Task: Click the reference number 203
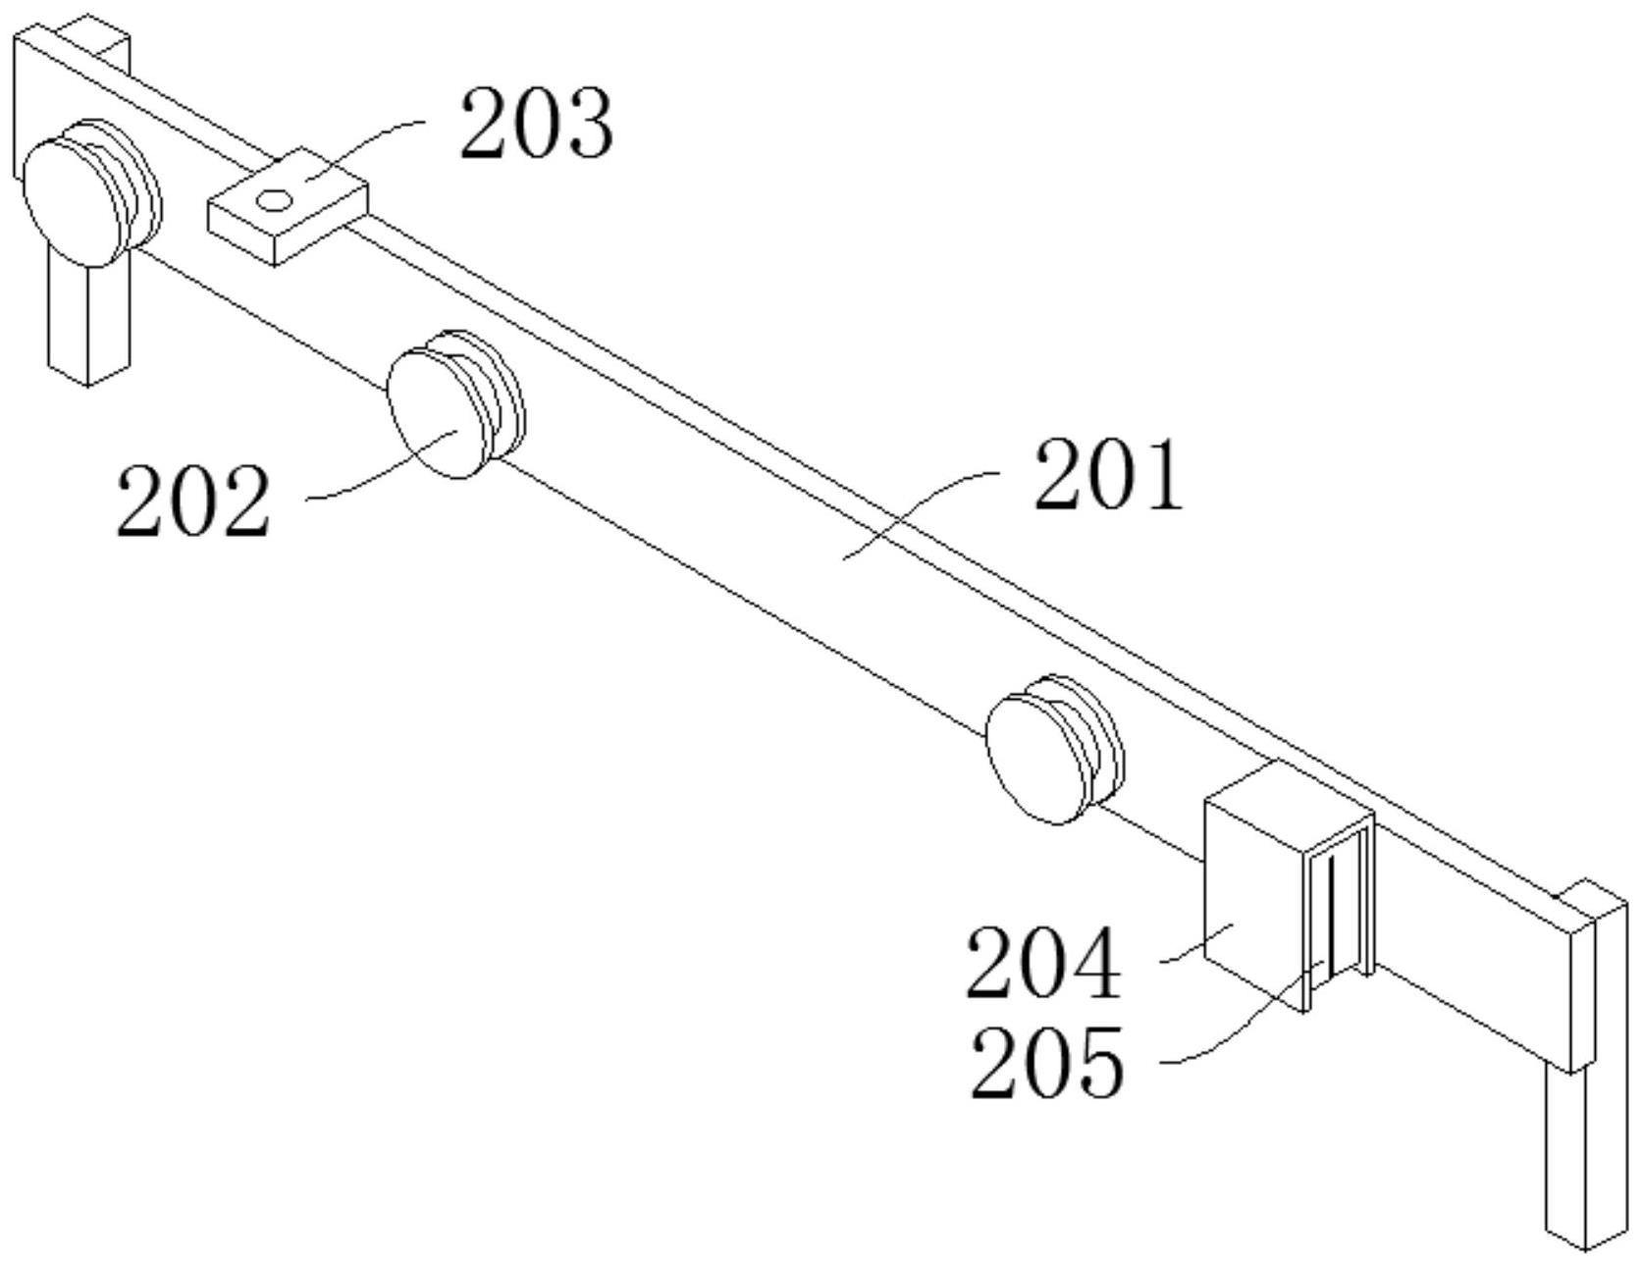[x=537, y=124]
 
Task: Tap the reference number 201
[x=1109, y=476]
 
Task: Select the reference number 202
[x=192, y=502]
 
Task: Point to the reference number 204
[x=1042, y=964]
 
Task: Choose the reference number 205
[x=1046, y=1062]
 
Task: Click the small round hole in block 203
[x=274, y=201]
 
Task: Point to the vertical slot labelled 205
[x=1332, y=918]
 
